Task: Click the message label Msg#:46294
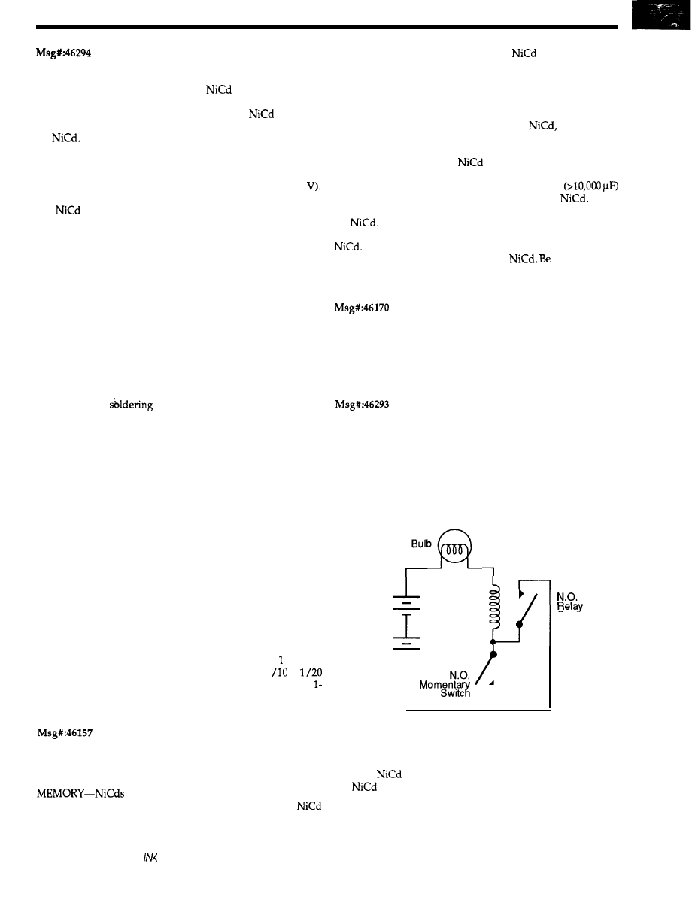(x=63, y=53)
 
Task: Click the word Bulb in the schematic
(x=422, y=541)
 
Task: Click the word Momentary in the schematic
(x=444, y=685)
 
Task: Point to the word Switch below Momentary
(x=455, y=695)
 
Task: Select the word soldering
(x=133, y=404)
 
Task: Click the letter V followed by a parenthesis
(x=314, y=187)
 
